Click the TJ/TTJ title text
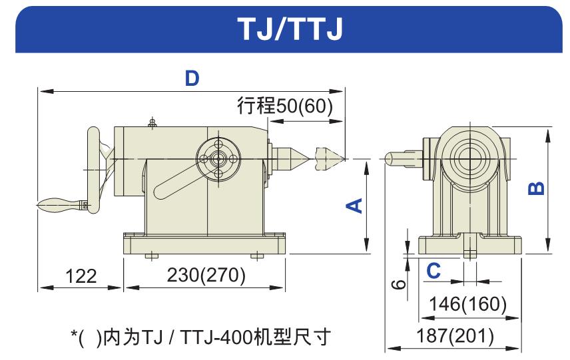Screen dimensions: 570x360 [x=290, y=29]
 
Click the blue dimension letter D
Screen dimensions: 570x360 [x=192, y=78]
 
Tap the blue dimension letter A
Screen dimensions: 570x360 [x=354, y=206]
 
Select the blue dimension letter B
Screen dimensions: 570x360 [x=536, y=188]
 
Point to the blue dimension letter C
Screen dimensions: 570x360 [x=433, y=271]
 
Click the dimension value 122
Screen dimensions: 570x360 [x=81, y=276]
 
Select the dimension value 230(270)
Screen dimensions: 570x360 [x=206, y=275]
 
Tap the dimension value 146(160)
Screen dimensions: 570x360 [x=468, y=303]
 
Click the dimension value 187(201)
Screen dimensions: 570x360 [x=455, y=335]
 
